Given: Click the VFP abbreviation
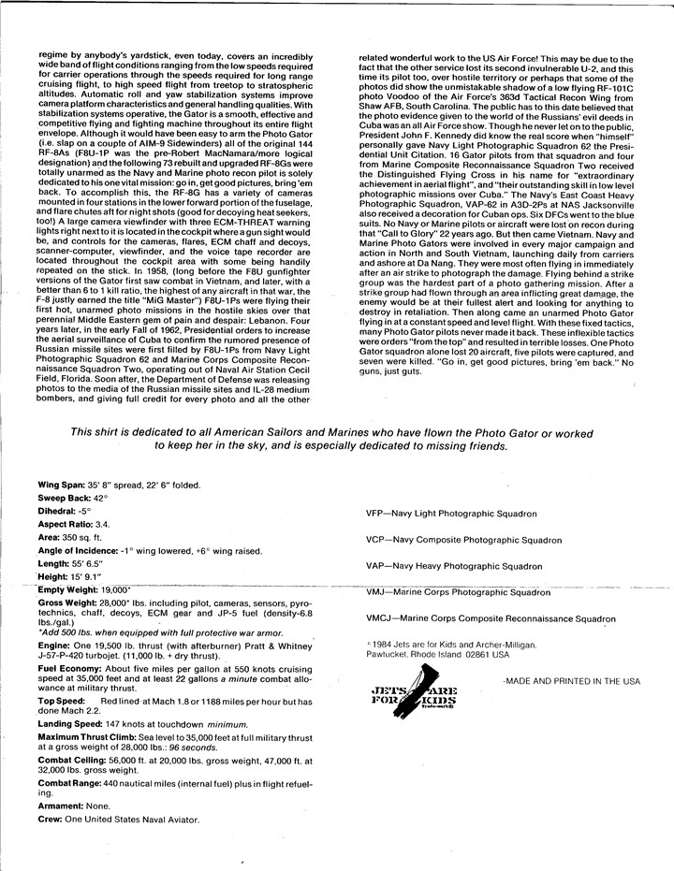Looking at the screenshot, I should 378,515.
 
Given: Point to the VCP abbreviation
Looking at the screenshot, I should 378,541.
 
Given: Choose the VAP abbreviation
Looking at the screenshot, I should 378,566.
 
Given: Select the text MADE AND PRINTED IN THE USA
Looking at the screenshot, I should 571,681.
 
